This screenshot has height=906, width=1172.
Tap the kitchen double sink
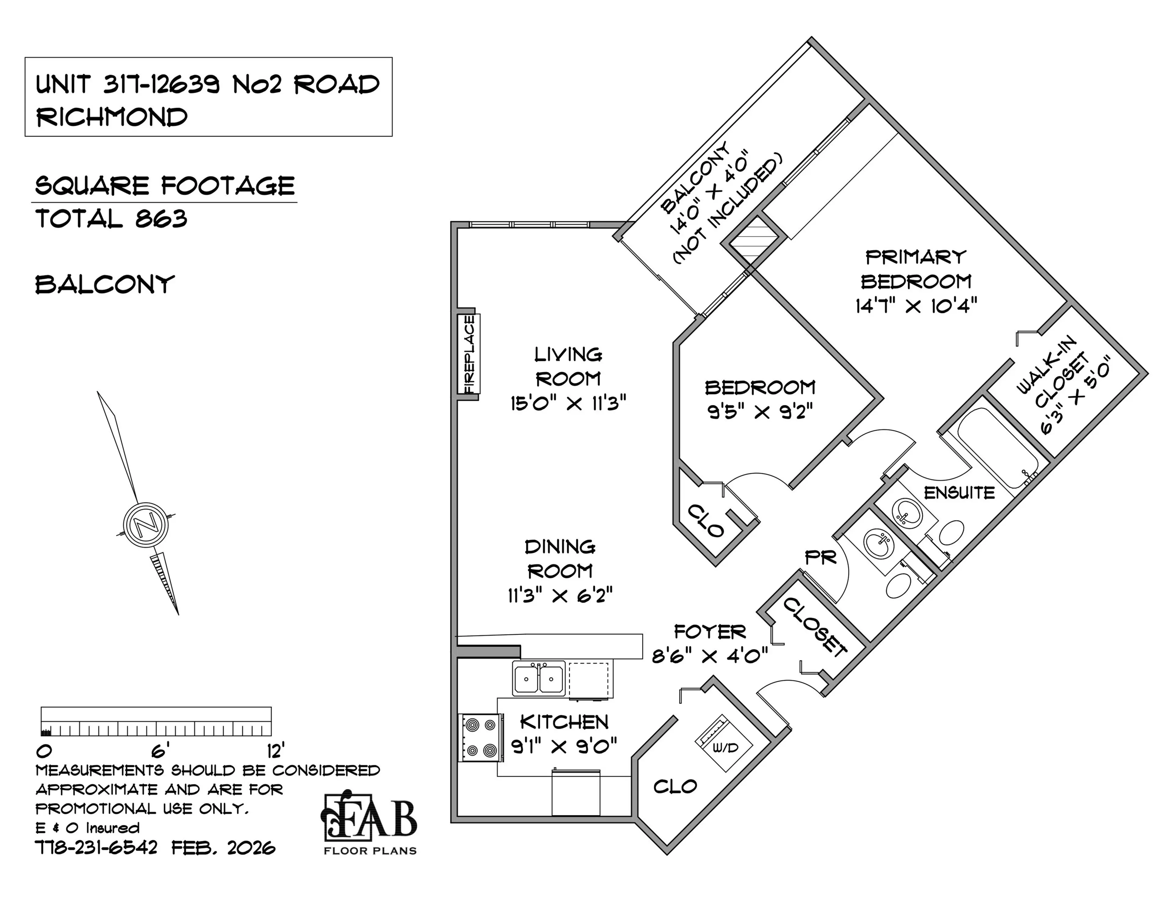[x=538, y=679]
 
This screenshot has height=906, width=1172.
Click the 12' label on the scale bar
[x=275, y=750]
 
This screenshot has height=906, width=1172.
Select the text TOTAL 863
[x=111, y=219]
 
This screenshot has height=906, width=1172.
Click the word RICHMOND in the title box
[x=112, y=117]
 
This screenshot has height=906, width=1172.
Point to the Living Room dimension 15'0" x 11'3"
[x=568, y=403]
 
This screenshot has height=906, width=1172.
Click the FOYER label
[x=709, y=632]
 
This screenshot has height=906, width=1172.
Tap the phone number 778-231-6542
[x=96, y=848]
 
